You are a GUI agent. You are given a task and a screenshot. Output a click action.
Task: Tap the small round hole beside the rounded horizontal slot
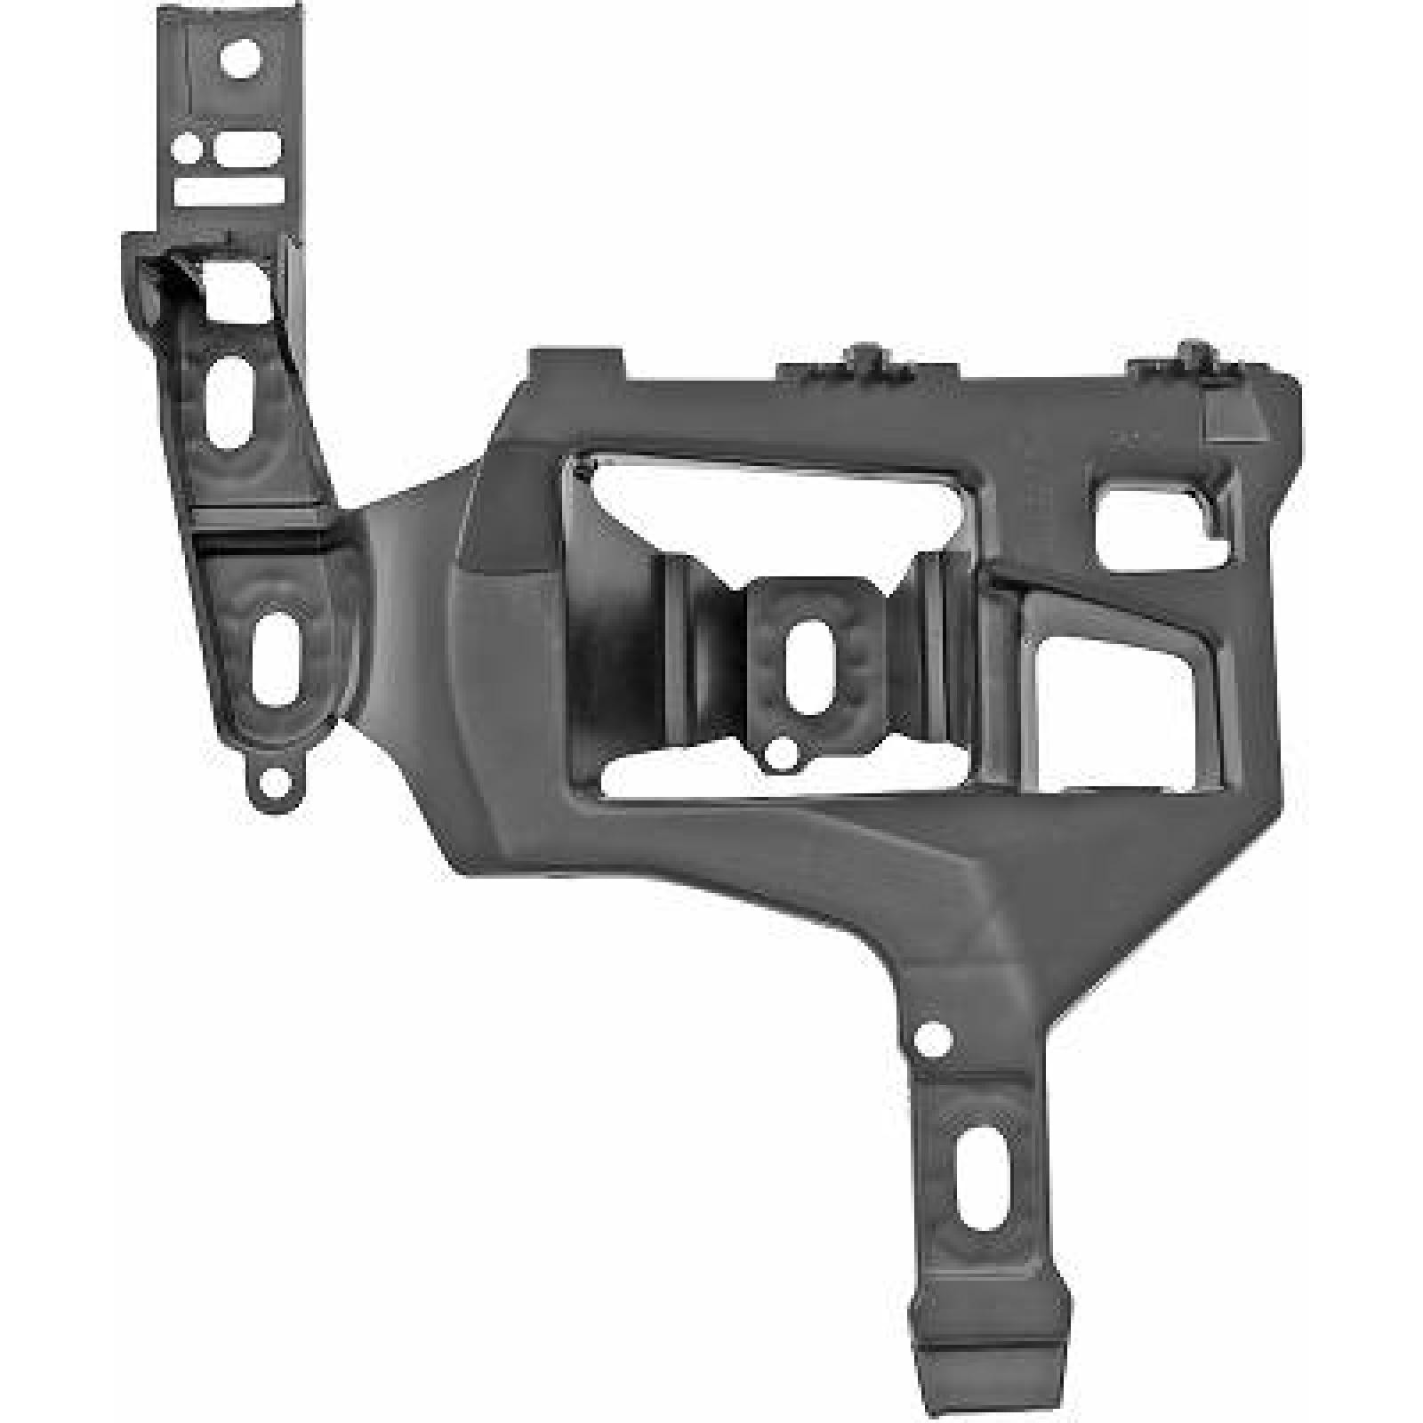pyautogui.click(x=189, y=148)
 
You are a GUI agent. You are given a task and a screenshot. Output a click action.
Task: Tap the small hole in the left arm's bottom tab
pyautogui.click(x=278, y=784)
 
